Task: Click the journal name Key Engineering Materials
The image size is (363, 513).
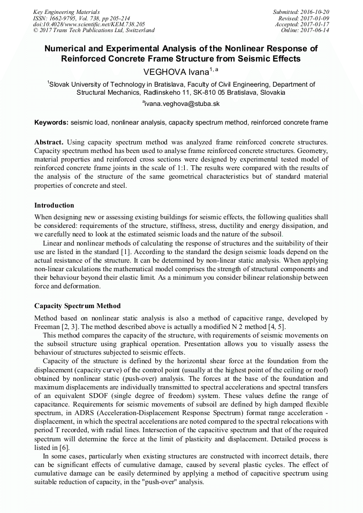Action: pos(66,11)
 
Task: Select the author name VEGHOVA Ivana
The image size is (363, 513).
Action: pos(176,71)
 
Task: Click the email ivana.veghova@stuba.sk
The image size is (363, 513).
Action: pos(182,103)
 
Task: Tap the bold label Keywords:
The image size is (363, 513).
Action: pos(51,122)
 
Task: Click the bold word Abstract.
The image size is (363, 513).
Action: pos(49,142)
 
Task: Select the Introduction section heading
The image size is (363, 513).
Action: pos(54,205)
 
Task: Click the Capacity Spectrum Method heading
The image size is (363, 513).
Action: pos(78,306)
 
